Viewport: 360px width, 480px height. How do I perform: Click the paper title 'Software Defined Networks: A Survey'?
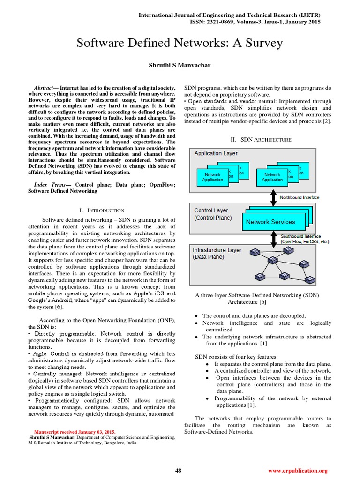pyautogui.click(x=180, y=44)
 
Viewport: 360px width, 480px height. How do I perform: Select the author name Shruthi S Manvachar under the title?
pyautogui.click(x=180, y=65)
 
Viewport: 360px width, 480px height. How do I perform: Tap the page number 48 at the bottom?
pyautogui.click(x=178, y=471)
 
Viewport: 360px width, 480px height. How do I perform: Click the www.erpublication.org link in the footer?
pyautogui.click(x=298, y=471)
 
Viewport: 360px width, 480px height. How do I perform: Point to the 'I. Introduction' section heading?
pyautogui.click(x=102, y=210)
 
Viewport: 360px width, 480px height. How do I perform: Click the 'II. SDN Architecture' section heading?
pyautogui.click(x=261, y=139)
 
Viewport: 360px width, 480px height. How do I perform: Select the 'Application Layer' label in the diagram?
pyautogui.click(x=216, y=153)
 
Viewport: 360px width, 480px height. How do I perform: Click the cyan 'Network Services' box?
pyautogui.click(x=270, y=222)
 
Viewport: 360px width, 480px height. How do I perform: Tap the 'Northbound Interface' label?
pyautogui.click(x=300, y=197)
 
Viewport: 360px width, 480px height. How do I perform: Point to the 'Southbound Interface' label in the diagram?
pyautogui.click(x=300, y=236)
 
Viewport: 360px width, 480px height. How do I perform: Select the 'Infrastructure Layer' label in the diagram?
pyautogui.click(x=217, y=250)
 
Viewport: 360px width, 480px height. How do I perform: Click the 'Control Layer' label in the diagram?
pyautogui.click(x=211, y=210)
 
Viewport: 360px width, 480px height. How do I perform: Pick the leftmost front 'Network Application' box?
pyautogui.click(x=212, y=177)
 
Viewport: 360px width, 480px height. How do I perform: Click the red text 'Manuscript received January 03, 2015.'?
pyautogui.click(x=75, y=432)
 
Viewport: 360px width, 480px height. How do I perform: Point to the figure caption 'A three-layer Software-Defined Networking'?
pyautogui.click(x=257, y=295)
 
